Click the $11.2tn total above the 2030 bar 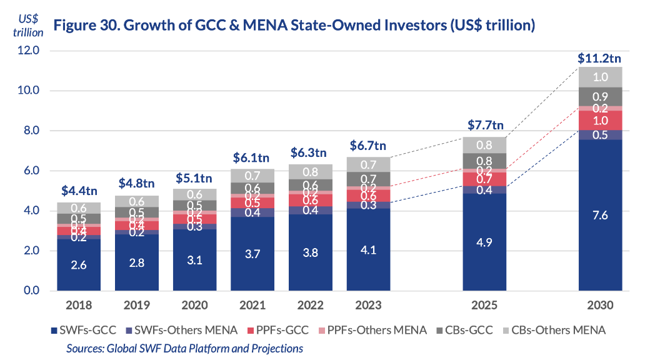[599, 59]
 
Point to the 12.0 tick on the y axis [29, 51]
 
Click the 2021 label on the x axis [252, 306]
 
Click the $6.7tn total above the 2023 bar [367, 146]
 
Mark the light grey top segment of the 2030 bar [600, 77]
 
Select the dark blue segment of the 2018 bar [78, 265]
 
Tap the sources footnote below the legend [184, 348]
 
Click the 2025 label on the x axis [484, 306]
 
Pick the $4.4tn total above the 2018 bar [78, 191]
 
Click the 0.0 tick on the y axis [29, 291]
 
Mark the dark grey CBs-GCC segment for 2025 [484, 161]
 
